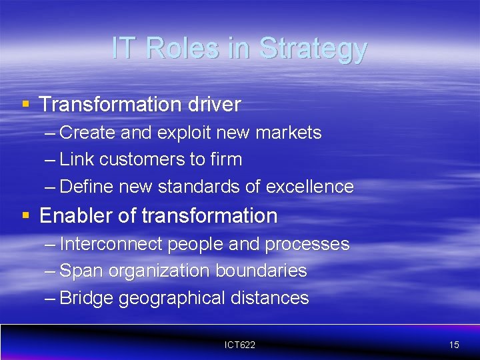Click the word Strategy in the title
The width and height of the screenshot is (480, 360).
pos(313,49)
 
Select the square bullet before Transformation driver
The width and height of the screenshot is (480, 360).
pos(25,103)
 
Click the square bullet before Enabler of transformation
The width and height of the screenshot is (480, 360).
pos(25,215)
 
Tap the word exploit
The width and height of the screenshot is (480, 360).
pos(183,133)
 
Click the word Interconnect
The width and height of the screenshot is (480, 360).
pos(111,244)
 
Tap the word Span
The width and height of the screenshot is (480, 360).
pos(78,271)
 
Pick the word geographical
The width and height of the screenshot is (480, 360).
pos(171,298)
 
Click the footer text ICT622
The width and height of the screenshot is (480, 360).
pos(239,345)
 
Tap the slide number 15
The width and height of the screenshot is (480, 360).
pos(454,345)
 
